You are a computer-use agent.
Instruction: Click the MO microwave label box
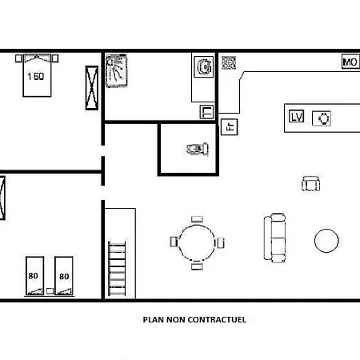pyautogui.click(x=350, y=62)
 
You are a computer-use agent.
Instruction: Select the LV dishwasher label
pyautogui.click(x=296, y=116)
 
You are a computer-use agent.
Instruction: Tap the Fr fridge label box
pyautogui.click(x=230, y=127)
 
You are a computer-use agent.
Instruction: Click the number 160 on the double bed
pyautogui.click(x=36, y=77)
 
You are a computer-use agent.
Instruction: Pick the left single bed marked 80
pyautogui.click(x=35, y=276)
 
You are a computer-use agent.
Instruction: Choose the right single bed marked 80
pyautogui.click(x=64, y=276)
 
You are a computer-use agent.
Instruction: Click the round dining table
pyautogui.click(x=197, y=242)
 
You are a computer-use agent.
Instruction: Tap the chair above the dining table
pyautogui.click(x=197, y=219)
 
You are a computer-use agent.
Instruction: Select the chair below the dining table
pyautogui.click(x=197, y=266)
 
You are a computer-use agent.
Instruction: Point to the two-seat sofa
pyautogui.click(x=275, y=238)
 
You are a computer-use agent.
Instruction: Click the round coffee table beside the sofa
pyautogui.click(x=326, y=240)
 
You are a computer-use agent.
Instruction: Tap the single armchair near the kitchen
pyautogui.click(x=311, y=184)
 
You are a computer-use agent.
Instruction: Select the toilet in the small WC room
pyautogui.click(x=198, y=149)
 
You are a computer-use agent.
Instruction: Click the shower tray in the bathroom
pyautogui.click(x=117, y=70)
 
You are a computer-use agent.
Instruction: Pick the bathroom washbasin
pyautogui.click(x=204, y=66)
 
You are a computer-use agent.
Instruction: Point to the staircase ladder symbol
pyautogui.click(x=117, y=268)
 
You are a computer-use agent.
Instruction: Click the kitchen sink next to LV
pyautogui.click(x=322, y=118)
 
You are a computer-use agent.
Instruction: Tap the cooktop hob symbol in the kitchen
pyautogui.click(x=229, y=62)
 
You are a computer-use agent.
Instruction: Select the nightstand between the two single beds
pyautogui.click(x=50, y=291)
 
